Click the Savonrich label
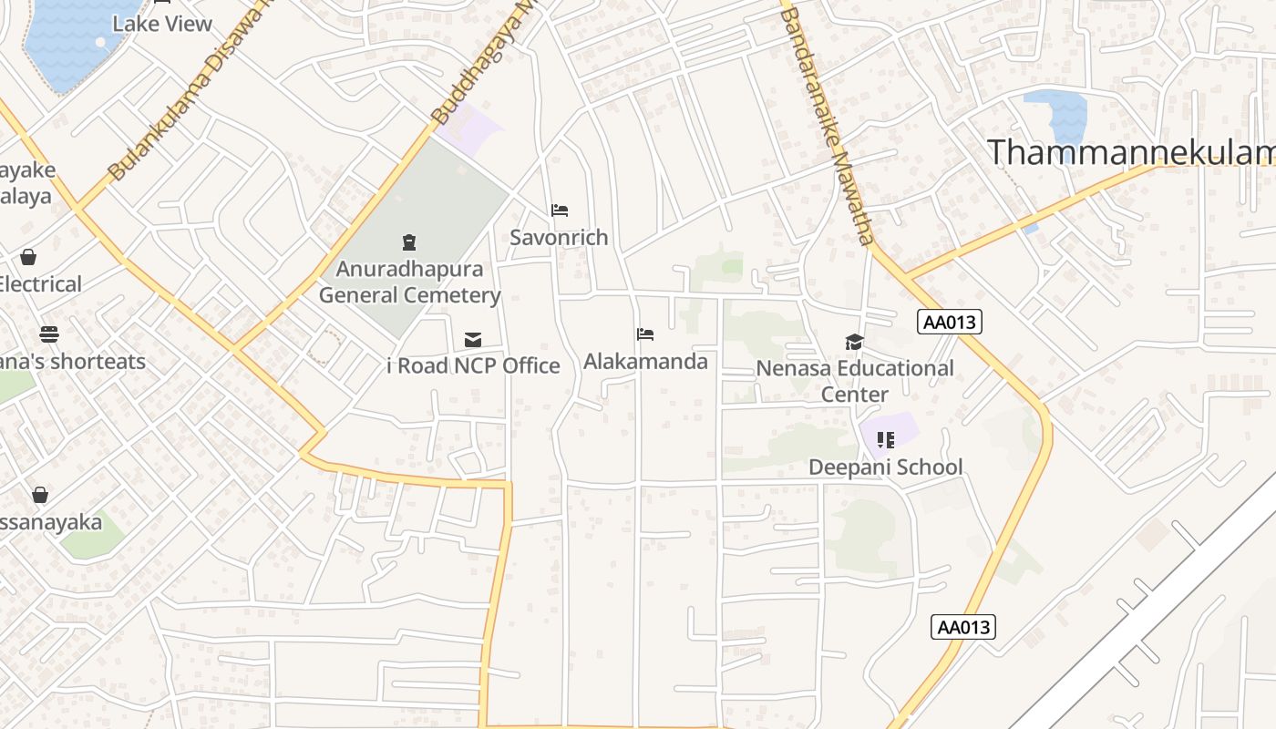[x=559, y=238]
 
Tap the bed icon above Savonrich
[x=560, y=210]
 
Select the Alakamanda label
[x=645, y=362]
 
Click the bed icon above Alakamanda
[x=645, y=334]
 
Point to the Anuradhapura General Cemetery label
[x=409, y=282]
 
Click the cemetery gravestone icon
[x=409, y=242]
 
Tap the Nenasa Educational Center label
[x=855, y=381]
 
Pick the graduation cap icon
[x=854, y=342]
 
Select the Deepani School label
[x=886, y=467]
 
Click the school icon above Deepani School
[x=885, y=441]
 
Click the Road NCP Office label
[x=474, y=366]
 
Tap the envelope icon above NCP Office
[x=473, y=340]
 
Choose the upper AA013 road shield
[x=951, y=322]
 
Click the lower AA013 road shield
[x=964, y=627]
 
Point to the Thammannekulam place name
[x=1130, y=152]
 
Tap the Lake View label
[x=162, y=24]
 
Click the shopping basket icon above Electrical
[x=28, y=258]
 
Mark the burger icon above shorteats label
[x=49, y=334]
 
